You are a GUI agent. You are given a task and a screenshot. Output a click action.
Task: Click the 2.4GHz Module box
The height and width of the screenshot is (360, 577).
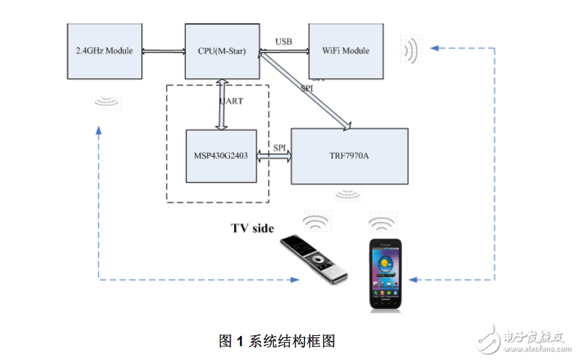(105, 51)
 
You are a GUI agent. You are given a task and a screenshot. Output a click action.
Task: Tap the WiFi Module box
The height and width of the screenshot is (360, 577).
(346, 51)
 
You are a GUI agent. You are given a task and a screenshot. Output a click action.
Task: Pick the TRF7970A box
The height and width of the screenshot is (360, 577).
(349, 156)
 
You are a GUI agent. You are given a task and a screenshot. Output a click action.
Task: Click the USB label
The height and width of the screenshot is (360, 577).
(284, 42)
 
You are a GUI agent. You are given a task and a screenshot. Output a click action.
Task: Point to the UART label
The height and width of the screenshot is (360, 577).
(231, 101)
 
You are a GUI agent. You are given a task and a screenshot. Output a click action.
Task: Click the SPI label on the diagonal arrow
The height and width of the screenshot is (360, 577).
(308, 87)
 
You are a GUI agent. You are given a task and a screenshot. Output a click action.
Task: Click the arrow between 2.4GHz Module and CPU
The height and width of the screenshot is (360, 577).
(164, 51)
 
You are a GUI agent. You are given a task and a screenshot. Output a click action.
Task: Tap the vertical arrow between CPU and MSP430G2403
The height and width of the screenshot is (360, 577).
(222, 104)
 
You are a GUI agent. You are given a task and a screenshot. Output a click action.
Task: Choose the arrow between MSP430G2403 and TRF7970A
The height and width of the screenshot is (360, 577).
(274, 158)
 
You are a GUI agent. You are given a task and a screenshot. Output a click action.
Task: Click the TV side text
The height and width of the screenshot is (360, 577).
(252, 228)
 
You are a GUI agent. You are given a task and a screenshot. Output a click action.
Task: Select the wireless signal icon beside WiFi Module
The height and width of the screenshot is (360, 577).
(410, 50)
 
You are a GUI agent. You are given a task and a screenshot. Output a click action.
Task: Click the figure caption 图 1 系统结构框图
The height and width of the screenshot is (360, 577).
(276, 341)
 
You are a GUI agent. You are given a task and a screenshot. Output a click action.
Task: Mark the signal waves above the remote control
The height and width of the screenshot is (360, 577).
(316, 223)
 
